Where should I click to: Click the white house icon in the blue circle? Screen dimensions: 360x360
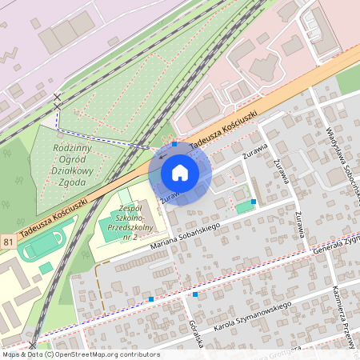[180, 173]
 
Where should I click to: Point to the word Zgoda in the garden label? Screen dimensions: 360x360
[74, 182]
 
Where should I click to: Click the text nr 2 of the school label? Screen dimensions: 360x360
[124, 238]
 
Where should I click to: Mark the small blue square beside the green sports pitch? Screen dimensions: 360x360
[254, 202]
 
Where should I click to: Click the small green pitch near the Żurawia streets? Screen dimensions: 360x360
[242, 208]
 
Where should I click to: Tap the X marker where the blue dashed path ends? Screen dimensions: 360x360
[57, 98]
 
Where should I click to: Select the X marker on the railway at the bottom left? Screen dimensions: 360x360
[33, 346]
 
